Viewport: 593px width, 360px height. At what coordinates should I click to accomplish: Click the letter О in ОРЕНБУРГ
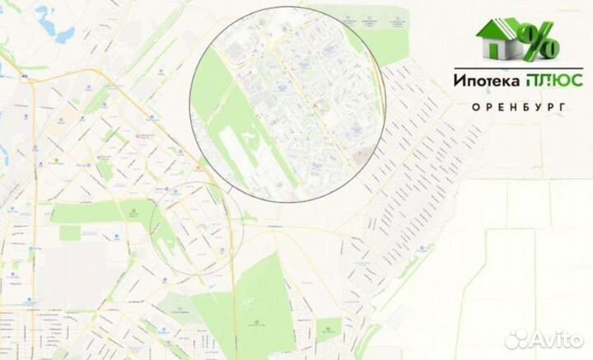click(x=477, y=107)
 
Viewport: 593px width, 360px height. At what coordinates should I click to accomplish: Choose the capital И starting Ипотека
click(x=457, y=81)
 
